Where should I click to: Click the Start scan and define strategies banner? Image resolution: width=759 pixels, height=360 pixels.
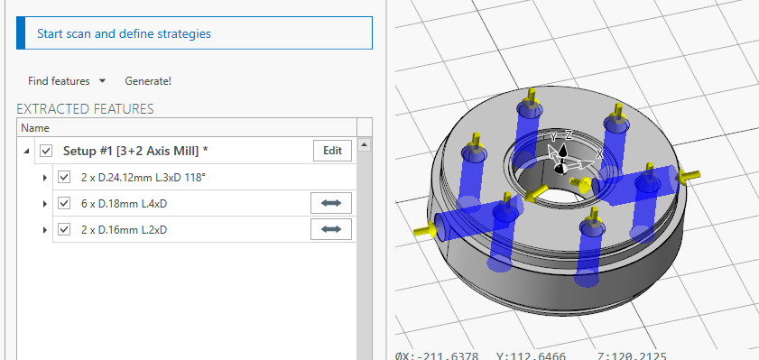click(x=194, y=33)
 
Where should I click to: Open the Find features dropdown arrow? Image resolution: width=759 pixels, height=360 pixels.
click(x=102, y=81)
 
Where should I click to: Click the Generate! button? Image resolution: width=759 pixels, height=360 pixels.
click(x=148, y=81)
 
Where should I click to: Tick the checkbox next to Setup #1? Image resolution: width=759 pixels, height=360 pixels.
click(x=46, y=151)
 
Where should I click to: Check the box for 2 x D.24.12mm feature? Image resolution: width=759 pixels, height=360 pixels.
click(x=64, y=177)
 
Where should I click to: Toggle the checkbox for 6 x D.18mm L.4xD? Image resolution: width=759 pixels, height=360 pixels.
click(x=64, y=203)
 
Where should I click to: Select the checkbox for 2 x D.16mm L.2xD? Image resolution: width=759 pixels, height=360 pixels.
click(x=64, y=229)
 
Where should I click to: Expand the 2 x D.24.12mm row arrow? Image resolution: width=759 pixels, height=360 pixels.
click(x=45, y=178)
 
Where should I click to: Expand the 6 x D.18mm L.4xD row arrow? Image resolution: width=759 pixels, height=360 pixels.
click(x=45, y=204)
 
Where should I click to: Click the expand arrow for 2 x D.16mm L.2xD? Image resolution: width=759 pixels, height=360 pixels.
click(x=45, y=230)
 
